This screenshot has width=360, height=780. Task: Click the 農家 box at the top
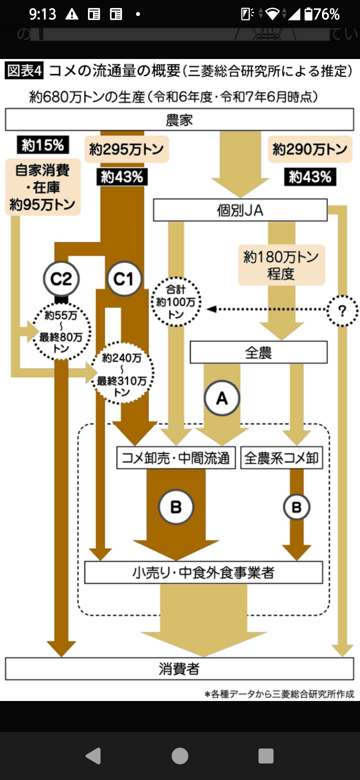point(179,120)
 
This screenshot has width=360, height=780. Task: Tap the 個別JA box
point(240,210)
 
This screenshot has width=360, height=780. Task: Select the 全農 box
point(258,352)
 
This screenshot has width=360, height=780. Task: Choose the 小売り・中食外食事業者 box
point(203,572)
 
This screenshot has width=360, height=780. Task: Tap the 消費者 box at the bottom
point(179,669)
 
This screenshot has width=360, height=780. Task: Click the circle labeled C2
point(61,279)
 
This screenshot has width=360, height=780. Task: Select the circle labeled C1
point(123,279)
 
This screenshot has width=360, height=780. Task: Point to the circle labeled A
point(221,398)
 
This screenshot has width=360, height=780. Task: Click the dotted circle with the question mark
point(342,310)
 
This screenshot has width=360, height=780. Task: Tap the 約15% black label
point(42,145)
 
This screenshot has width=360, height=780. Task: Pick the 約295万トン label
point(126,149)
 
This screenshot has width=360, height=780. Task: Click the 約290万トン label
point(310,149)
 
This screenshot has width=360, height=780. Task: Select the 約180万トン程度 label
point(281,265)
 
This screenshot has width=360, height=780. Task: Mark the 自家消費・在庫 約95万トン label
point(42,187)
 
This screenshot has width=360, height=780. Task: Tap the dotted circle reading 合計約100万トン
point(176,301)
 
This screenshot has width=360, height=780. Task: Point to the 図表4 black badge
point(23,71)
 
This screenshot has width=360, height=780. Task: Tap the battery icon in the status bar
point(308,14)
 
